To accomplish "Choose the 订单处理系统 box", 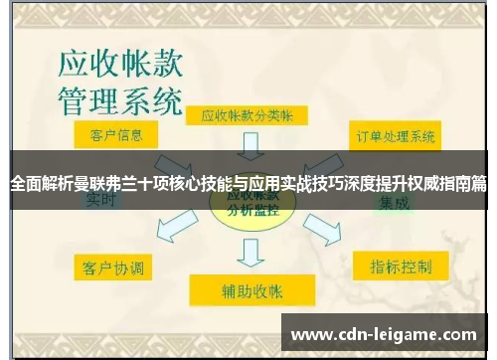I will (x=397, y=135).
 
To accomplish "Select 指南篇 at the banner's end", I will (x=462, y=183).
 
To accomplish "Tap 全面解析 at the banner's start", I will (x=40, y=183).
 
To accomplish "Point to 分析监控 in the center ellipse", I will (x=250, y=210).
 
